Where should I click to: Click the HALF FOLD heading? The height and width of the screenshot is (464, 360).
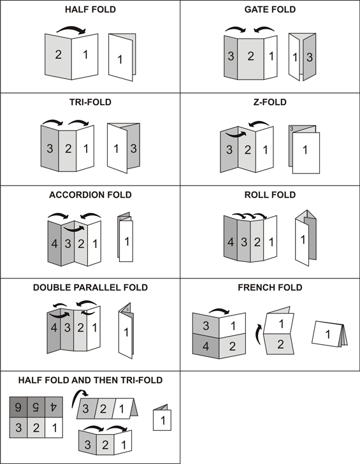pyautogui.click(x=90, y=10)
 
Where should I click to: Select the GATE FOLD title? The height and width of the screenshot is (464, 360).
pyautogui.click(x=270, y=10)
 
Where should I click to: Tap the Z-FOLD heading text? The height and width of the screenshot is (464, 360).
pyautogui.click(x=270, y=102)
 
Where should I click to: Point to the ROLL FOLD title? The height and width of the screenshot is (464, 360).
pyautogui.click(x=270, y=194)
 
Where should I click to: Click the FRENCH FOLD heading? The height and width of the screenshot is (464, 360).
pyautogui.click(x=270, y=287)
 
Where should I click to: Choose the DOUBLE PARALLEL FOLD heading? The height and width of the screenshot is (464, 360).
pyautogui.click(x=90, y=287)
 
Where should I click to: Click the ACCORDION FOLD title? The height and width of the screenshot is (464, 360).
pyautogui.click(x=90, y=194)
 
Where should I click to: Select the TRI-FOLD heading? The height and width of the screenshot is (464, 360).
pyautogui.click(x=90, y=102)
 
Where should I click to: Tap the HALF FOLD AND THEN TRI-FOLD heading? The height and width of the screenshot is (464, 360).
pyautogui.click(x=90, y=380)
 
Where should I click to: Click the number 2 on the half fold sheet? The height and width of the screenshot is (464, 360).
pyautogui.click(x=58, y=55)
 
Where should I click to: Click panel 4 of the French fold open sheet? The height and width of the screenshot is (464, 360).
pyautogui.click(x=206, y=347)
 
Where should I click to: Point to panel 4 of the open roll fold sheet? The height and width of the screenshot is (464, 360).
pyautogui.click(x=230, y=242)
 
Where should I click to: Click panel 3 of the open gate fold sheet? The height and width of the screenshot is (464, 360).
pyautogui.click(x=230, y=57)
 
